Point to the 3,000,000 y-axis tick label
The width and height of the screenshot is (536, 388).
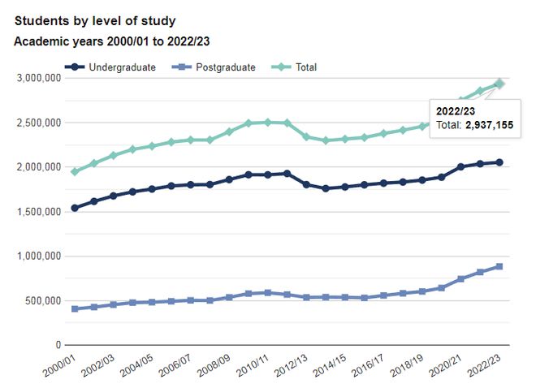tap(39, 78)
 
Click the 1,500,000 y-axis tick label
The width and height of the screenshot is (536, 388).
tap(39, 212)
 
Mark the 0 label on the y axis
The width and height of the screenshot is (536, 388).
tap(58, 346)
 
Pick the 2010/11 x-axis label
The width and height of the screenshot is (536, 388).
tap(252, 363)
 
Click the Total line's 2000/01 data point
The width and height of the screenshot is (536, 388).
tap(75, 171)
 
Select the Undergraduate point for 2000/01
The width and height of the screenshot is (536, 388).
tap(75, 208)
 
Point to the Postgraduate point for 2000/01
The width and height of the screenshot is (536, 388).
tap(75, 308)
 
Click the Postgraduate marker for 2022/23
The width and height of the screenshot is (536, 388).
tap(499, 266)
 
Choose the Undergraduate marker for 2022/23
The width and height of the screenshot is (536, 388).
tap(499, 162)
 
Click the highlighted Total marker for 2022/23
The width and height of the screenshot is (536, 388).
tap(499, 84)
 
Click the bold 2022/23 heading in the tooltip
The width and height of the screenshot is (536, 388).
tap(456, 110)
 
